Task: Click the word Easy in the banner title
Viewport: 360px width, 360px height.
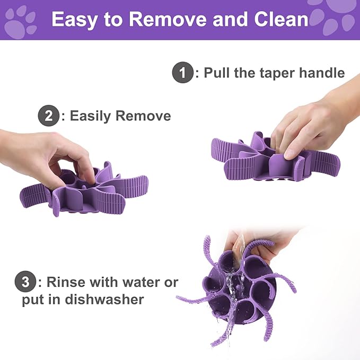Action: pos(75,20)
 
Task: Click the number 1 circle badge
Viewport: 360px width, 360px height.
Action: pos(182,73)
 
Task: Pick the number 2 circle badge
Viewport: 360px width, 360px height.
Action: pos(48,116)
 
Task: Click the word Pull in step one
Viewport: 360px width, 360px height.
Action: pos(217,73)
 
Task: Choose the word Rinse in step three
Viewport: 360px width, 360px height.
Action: pos(66,282)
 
